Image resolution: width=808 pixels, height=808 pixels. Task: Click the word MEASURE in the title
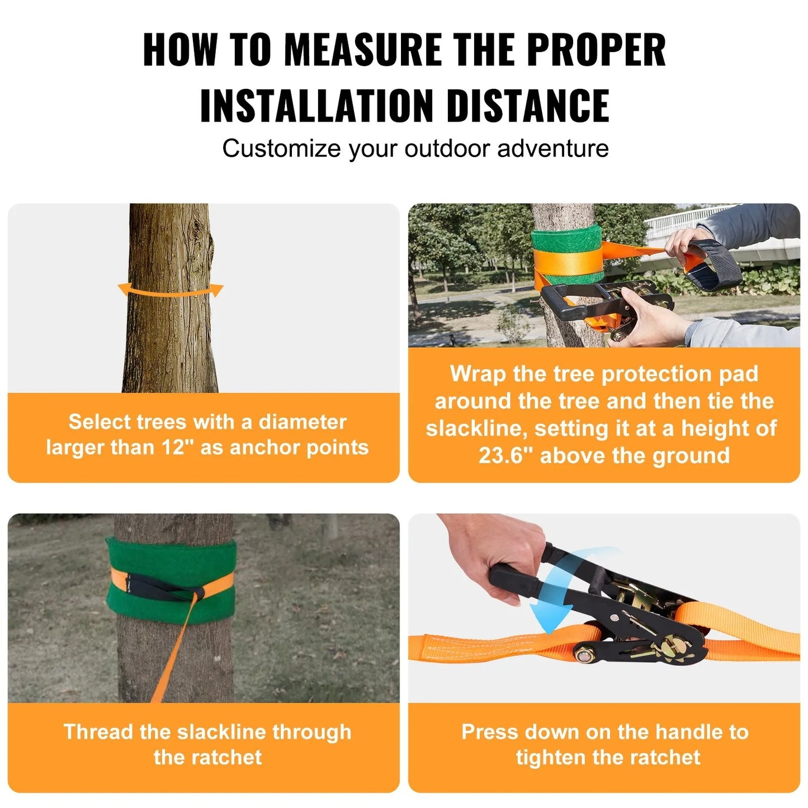pos(363,50)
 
